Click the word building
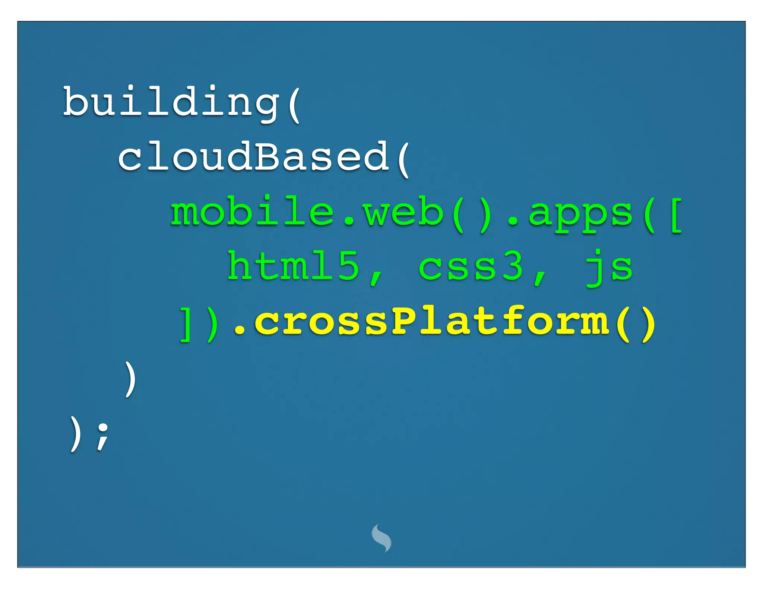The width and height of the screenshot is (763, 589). (171, 102)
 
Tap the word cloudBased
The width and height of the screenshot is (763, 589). (253, 157)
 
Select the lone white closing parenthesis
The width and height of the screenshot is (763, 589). (130, 379)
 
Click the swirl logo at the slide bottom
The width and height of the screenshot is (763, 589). (381, 538)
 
